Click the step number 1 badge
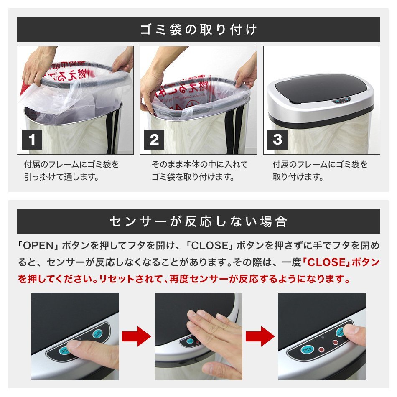click(x=32, y=140)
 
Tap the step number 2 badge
click(x=154, y=140)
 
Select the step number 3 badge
click(x=277, y=140)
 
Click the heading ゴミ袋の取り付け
click(x=198, y=29)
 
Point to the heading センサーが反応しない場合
click(x=198, y=221)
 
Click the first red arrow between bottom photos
click(x=137, y=336)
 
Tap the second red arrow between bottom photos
click(x=260, y=336)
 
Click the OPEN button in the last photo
click(x=307, y=350)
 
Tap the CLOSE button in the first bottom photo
click(x=97, y=334)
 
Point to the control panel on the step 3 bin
click(x=341, y=101)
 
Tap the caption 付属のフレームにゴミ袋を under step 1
click(x=71, y=165)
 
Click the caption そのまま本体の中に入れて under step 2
click(x=199, y=165)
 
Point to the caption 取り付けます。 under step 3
click(x=298, y=177)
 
